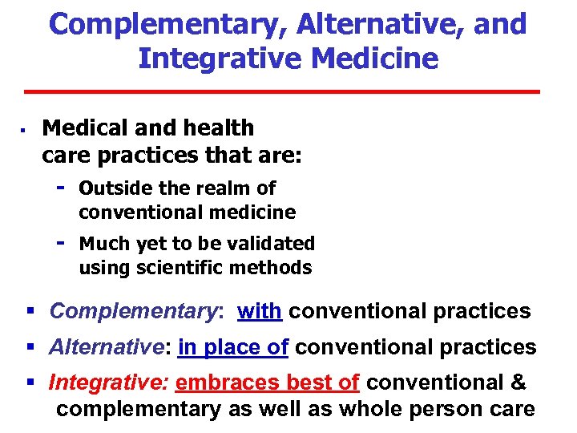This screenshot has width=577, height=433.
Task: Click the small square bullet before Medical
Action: (25, 128)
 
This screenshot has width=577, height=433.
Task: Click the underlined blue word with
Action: (260, 311)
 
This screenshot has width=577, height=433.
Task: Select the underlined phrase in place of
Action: (233, 347)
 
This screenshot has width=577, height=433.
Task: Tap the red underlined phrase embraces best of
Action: (267, 382)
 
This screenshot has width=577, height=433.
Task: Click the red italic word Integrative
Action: (108, 382)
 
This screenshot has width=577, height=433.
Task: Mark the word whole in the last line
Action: (370, 409)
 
